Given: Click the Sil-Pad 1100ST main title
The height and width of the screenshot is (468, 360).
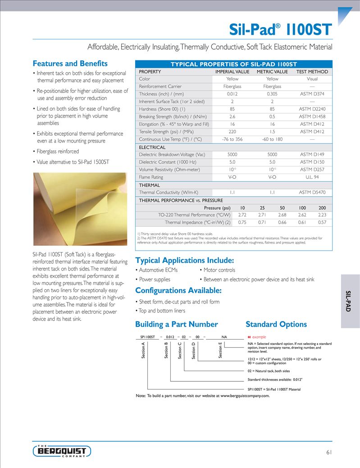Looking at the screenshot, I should (280, 30).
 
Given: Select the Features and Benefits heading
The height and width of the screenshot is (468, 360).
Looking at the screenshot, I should (70, 64).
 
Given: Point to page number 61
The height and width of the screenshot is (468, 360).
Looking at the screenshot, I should (328, 452).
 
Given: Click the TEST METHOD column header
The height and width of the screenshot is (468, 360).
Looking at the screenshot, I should (312, 72).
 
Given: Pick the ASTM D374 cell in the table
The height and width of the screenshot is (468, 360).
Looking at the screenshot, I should (312, 94).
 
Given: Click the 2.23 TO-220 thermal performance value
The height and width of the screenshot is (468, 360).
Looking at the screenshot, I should (322, 215).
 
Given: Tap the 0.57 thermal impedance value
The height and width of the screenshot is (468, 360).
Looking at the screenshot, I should (322, 222).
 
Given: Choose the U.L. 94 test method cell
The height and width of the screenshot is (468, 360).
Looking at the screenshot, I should (312, 177).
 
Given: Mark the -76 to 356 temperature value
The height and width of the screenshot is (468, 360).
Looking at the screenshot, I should (232, 139).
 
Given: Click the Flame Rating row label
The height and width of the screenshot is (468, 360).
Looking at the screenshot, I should (151, 177).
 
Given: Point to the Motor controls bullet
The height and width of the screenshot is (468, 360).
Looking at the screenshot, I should (219, 270).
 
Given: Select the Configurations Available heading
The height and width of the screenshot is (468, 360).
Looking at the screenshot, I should (178, 290).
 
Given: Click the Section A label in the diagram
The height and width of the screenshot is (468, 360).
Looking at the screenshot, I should (143, 350).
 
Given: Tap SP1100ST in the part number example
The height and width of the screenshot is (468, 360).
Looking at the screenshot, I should (147, 337).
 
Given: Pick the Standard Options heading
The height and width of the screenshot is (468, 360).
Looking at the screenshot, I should (276, 324).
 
